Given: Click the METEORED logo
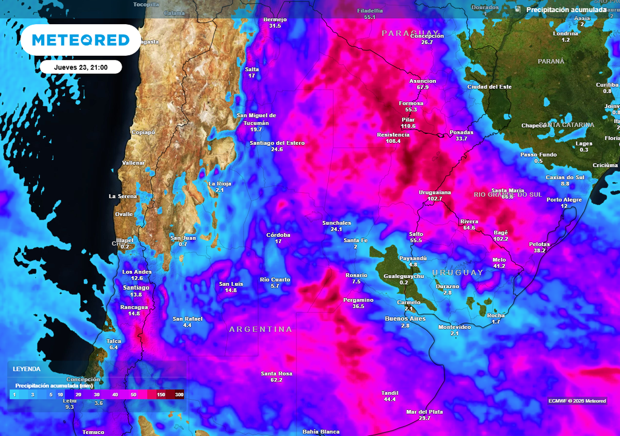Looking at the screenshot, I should tap(81, 40).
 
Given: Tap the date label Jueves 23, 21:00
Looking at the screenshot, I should tap(81, 67).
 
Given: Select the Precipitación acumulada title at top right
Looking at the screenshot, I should tap(566, 10).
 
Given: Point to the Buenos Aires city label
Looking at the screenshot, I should tap(405, 319).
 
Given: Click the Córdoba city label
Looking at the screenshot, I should tap(279, 235).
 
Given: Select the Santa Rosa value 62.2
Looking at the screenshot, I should tap(277, 380).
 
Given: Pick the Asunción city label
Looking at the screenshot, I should tap(423, 81).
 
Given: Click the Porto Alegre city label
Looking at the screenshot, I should tap(564, 200).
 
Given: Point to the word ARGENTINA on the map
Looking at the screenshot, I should tap(260, 329).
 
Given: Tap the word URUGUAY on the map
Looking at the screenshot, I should tap(458, 272).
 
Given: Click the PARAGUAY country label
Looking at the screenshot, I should tap(410, 33).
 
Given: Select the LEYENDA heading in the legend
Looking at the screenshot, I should tap(27, 369).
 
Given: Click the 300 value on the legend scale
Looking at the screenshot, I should tap(179, 395).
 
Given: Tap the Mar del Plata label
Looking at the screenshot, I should tap(424, 412).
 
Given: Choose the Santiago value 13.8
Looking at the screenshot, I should tap(136, 295).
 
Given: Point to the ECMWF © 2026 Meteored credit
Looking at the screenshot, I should tap(577, 401).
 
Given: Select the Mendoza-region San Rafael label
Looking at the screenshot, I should tap(187, 319).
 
